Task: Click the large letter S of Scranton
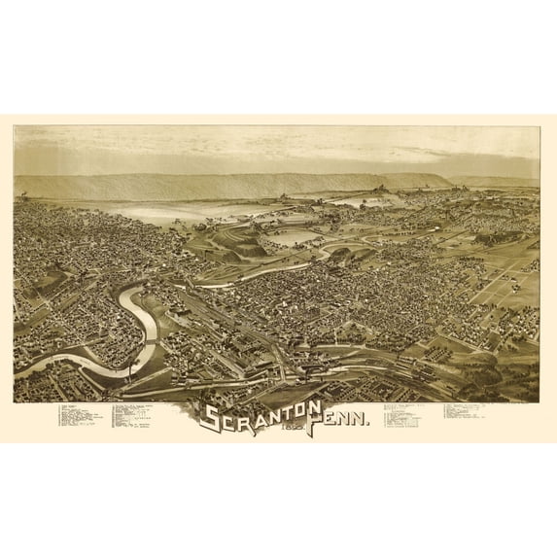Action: [210, 417]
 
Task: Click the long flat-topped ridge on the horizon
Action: [233, 186]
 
